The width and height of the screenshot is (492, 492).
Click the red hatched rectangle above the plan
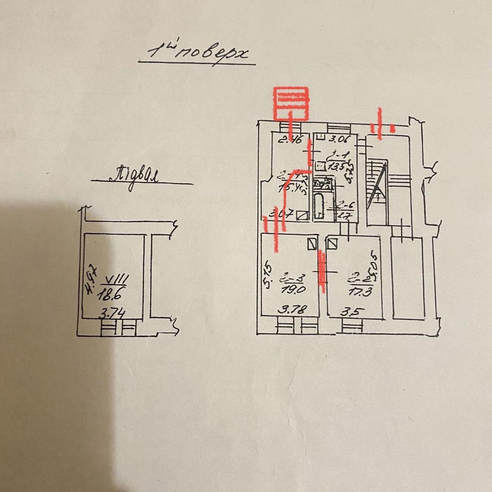291,103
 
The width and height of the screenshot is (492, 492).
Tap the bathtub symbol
318,206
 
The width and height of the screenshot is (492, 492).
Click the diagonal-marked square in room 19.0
312,243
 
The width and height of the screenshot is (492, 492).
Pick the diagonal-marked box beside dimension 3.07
302,215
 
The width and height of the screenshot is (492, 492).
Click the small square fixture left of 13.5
320,165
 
